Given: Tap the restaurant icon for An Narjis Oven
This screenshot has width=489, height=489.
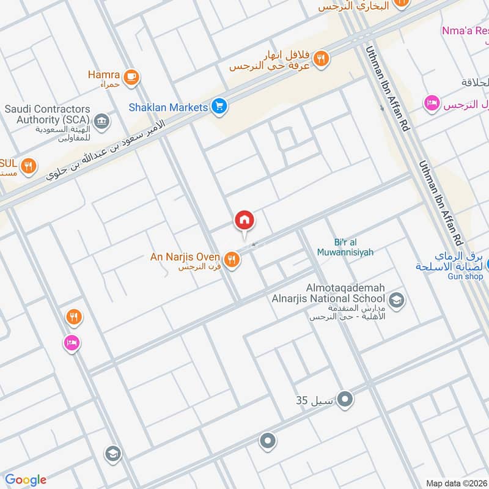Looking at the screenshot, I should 232,260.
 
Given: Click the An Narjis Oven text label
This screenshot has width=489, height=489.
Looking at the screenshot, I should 185,257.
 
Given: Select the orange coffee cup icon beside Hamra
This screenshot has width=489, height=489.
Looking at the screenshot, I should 130,77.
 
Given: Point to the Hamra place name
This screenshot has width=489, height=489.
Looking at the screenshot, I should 103,75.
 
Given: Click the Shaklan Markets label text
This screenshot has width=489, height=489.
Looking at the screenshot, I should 168,108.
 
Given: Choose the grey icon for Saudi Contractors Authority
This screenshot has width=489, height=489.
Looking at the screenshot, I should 101,120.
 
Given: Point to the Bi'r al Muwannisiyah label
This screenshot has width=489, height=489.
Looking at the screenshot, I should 345,246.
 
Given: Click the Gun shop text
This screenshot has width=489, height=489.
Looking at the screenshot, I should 465,276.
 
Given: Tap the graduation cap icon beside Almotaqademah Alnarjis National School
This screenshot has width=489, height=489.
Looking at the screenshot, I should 396,300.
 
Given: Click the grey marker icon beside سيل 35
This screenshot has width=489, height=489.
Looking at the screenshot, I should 345,400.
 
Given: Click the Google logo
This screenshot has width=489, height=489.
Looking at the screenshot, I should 26,480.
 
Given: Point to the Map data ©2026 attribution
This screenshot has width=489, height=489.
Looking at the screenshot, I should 456,483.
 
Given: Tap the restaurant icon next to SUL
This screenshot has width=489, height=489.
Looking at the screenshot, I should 28,165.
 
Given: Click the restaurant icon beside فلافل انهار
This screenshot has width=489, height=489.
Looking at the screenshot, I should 321,59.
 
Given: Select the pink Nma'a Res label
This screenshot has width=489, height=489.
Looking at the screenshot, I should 465,30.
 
